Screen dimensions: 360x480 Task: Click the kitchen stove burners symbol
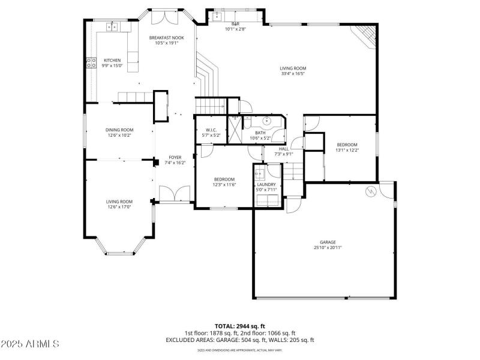(91, 61)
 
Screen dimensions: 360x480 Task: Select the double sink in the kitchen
(112, 26)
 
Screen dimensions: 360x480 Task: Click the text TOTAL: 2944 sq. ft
(239, 326)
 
